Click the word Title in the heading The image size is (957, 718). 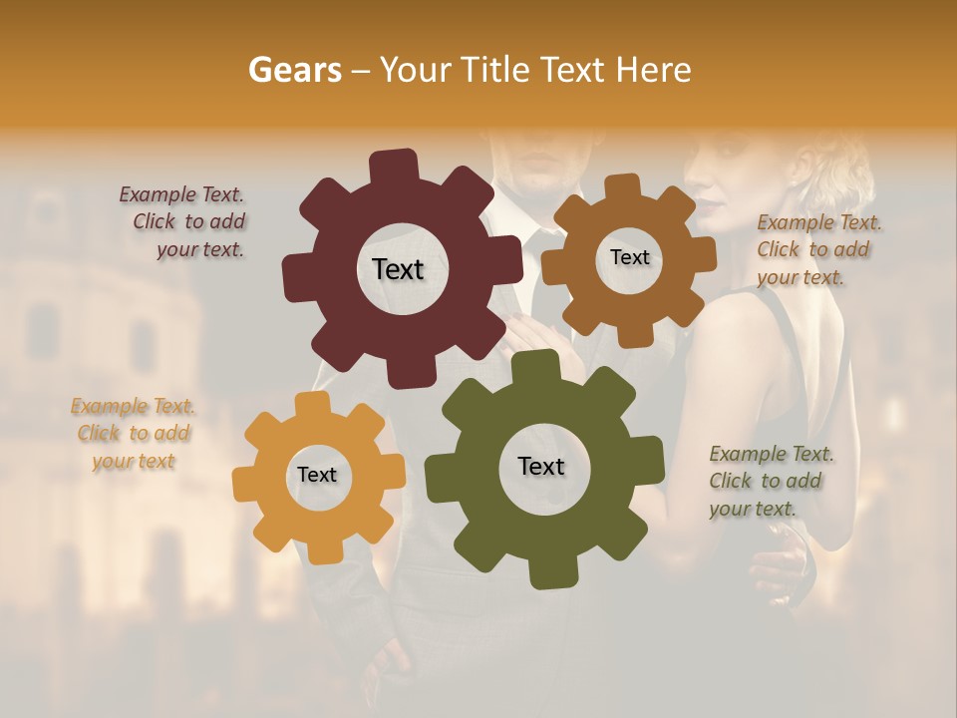494,70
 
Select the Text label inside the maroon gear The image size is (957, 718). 398,269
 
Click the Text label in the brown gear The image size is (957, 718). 629,257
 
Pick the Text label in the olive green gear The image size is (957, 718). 541,466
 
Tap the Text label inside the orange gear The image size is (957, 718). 317,475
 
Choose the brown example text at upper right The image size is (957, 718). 817,249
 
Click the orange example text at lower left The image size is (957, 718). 134,433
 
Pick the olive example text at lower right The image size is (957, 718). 770,481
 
